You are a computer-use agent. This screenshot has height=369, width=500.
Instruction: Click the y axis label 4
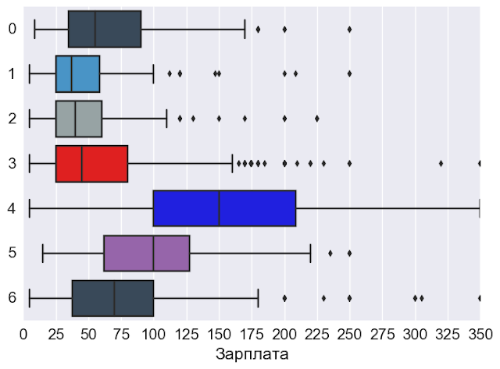pyautogui.click(x=12, y=208)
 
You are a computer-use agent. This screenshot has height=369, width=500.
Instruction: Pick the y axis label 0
pyautogui.click(x=12, y=29)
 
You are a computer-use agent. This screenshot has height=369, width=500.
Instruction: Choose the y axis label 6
pyautogui.click(x=12, y=298)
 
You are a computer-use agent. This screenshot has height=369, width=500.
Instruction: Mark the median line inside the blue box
pyautogui.click(x=220, y=208)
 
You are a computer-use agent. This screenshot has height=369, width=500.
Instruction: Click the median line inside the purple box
pyautogui.click(x=154, y=254)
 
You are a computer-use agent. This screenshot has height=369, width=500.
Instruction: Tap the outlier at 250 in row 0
pyautogui.click(x=349, y=29)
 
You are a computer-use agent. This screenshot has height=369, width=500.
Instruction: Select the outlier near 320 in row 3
pyautogui.click(x=441, y=164)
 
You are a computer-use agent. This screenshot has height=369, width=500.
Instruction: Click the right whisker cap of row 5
pyautogui.click(x=311, y=254)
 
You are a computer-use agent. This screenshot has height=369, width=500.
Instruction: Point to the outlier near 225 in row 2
pyautogui.click(x=317, y=119)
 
